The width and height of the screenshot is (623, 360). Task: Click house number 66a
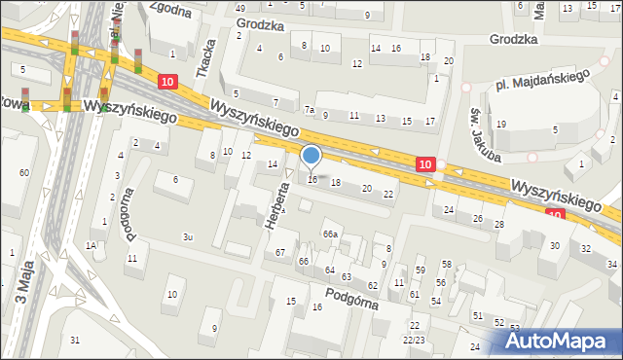click(x=331, y=234)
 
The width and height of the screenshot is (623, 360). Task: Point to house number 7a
click(x=309, y=110)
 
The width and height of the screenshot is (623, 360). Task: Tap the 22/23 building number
click(x=415, y=340)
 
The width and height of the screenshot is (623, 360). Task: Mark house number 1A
click(x=91, y=246)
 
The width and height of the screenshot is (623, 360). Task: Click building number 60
click(x=23, y=172)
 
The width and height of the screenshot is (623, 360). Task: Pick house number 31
click(x=75, y=340)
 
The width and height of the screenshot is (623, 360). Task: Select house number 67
click(x=280, y=253)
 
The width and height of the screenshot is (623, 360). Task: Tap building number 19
click(x=501, y=125)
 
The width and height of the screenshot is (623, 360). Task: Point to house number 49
click(x=240, y=8)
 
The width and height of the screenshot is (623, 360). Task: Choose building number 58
click(x=447, y=265)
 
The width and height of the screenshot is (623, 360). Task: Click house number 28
click(x=499, y=225)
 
